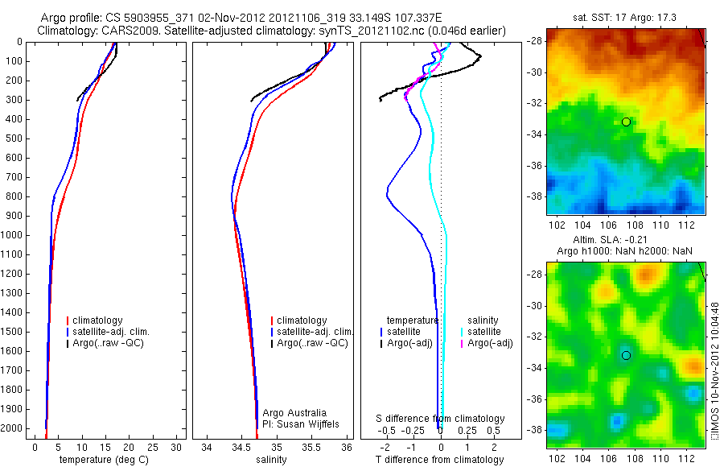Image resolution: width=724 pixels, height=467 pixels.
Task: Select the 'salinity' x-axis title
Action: click(x=272, y=460)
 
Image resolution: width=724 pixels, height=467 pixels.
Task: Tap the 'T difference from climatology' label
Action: click(x=439, y=460)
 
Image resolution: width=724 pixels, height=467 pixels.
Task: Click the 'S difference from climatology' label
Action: click(x=440, y=419)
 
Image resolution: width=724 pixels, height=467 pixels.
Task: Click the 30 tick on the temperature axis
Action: click(x=177, y=447)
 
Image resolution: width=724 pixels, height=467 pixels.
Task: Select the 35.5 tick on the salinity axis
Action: click(x=312, y=447)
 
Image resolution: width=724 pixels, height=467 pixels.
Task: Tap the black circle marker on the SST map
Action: click(x=626, y=122)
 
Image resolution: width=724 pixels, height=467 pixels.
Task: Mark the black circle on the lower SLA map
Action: click(x=626, y=355)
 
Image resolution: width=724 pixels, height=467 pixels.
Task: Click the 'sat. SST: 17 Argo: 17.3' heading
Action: click(x=626, y=16)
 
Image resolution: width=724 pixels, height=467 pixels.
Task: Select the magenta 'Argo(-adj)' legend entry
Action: click(x=491, y=343)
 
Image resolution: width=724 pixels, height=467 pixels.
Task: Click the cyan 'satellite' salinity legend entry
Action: click(x=485, y=332)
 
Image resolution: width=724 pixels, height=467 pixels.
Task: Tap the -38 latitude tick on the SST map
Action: click(x=533, y=196)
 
